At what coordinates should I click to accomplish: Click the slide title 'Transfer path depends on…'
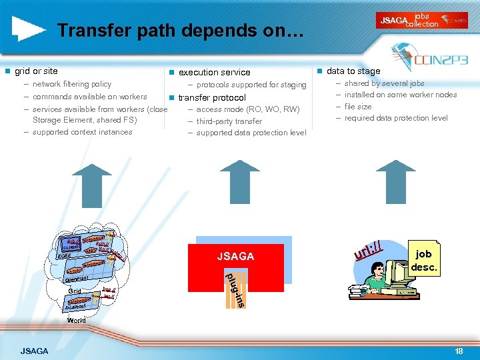(180, 31)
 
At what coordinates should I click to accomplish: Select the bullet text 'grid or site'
(36, 71)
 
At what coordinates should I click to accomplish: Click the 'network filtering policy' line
(72, 85)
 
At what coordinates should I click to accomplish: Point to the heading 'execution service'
(214, 72)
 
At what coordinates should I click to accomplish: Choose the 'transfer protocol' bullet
(212, 97)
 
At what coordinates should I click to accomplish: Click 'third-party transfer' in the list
(229, 121)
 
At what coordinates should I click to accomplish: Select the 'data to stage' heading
(353, 71)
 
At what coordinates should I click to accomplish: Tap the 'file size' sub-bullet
(358, 107)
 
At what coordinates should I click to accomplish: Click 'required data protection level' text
(396, 119)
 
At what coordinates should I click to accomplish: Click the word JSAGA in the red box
(236, 257)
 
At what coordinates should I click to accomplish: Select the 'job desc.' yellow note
(423, 261)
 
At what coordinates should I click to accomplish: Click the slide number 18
(458, 351)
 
